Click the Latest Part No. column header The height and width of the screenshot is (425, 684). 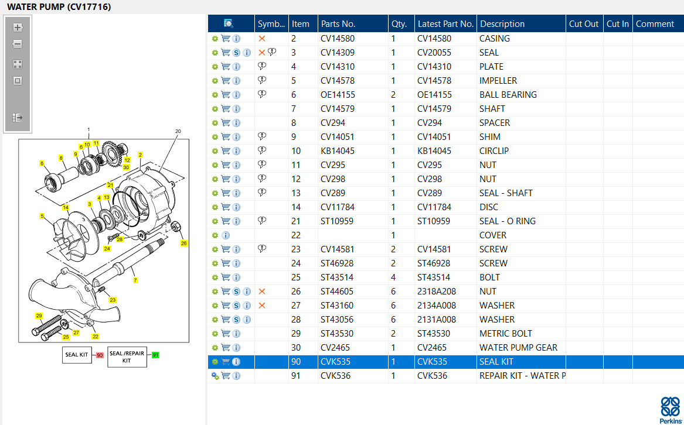click(x=445, y=24)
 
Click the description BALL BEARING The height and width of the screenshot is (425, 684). click(x=508, y=95)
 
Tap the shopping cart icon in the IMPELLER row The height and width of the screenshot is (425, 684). click(x=226, y=81)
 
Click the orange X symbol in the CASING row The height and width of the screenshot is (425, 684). click(x=262, y=39)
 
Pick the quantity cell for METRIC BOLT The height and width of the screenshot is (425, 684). click(x=393, y=334)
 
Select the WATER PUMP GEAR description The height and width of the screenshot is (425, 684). click(x=518, y=347)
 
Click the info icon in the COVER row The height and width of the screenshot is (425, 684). click(x=226, y=235)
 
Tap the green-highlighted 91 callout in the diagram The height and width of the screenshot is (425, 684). click(x=155, y=355)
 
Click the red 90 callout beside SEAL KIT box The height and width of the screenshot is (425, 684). click(x=100, y=355)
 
